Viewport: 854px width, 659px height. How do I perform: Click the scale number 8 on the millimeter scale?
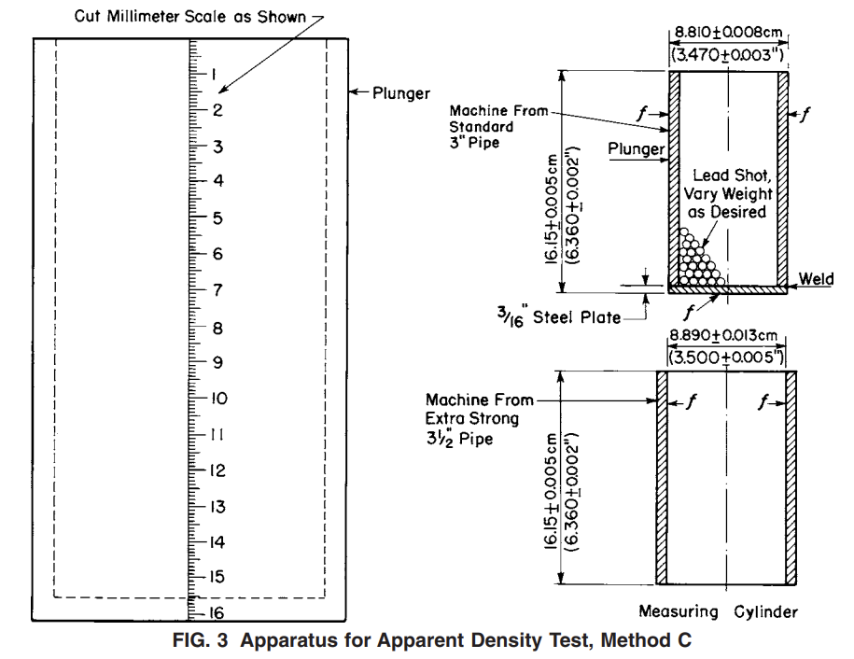tap(216, 328)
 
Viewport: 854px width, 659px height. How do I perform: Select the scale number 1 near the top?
tap(214, 75)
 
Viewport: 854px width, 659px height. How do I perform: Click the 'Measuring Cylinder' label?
tap(718, 611)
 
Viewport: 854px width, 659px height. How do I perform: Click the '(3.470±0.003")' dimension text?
tap(726, 57)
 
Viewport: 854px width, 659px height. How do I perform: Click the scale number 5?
tap(216, 218)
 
